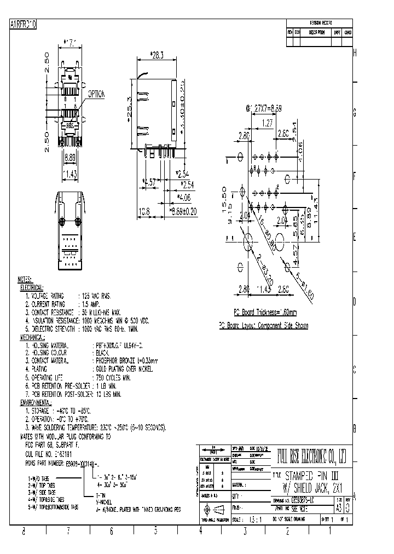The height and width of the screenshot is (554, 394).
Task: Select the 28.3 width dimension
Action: [158, 55]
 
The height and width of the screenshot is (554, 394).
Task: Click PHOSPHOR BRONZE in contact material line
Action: [116, 361]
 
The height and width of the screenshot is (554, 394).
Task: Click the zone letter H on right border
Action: [355, 53]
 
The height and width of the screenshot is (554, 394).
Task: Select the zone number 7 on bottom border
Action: [68, 530]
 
